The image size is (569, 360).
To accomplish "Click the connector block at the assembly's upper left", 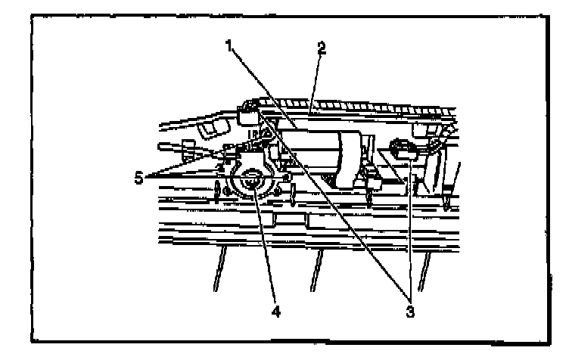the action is tap(247, 113).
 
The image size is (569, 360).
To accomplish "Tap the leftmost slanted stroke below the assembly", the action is tap(220, 272).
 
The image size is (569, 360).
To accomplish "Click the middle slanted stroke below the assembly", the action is tap(318, 272).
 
